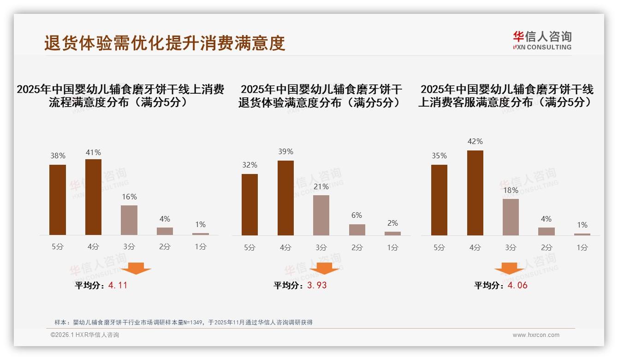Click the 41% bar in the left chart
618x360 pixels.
93,197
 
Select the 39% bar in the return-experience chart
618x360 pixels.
285,198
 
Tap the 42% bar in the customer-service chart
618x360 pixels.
475,193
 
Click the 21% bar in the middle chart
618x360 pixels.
321,215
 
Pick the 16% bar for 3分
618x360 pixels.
129,220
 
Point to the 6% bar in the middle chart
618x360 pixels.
357,229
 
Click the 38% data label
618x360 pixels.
58,156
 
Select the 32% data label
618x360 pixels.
250,165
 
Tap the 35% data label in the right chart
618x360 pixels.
439,156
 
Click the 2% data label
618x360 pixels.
392,223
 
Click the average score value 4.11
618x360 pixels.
118,285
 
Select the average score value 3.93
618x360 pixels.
317,285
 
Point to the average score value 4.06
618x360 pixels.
517,285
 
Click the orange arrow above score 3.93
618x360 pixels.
325,268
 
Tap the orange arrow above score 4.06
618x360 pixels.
509,268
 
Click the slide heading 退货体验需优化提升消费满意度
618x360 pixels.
165,43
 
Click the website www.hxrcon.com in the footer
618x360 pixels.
536,335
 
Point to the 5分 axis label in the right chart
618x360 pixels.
439,247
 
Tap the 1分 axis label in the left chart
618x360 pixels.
201,246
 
